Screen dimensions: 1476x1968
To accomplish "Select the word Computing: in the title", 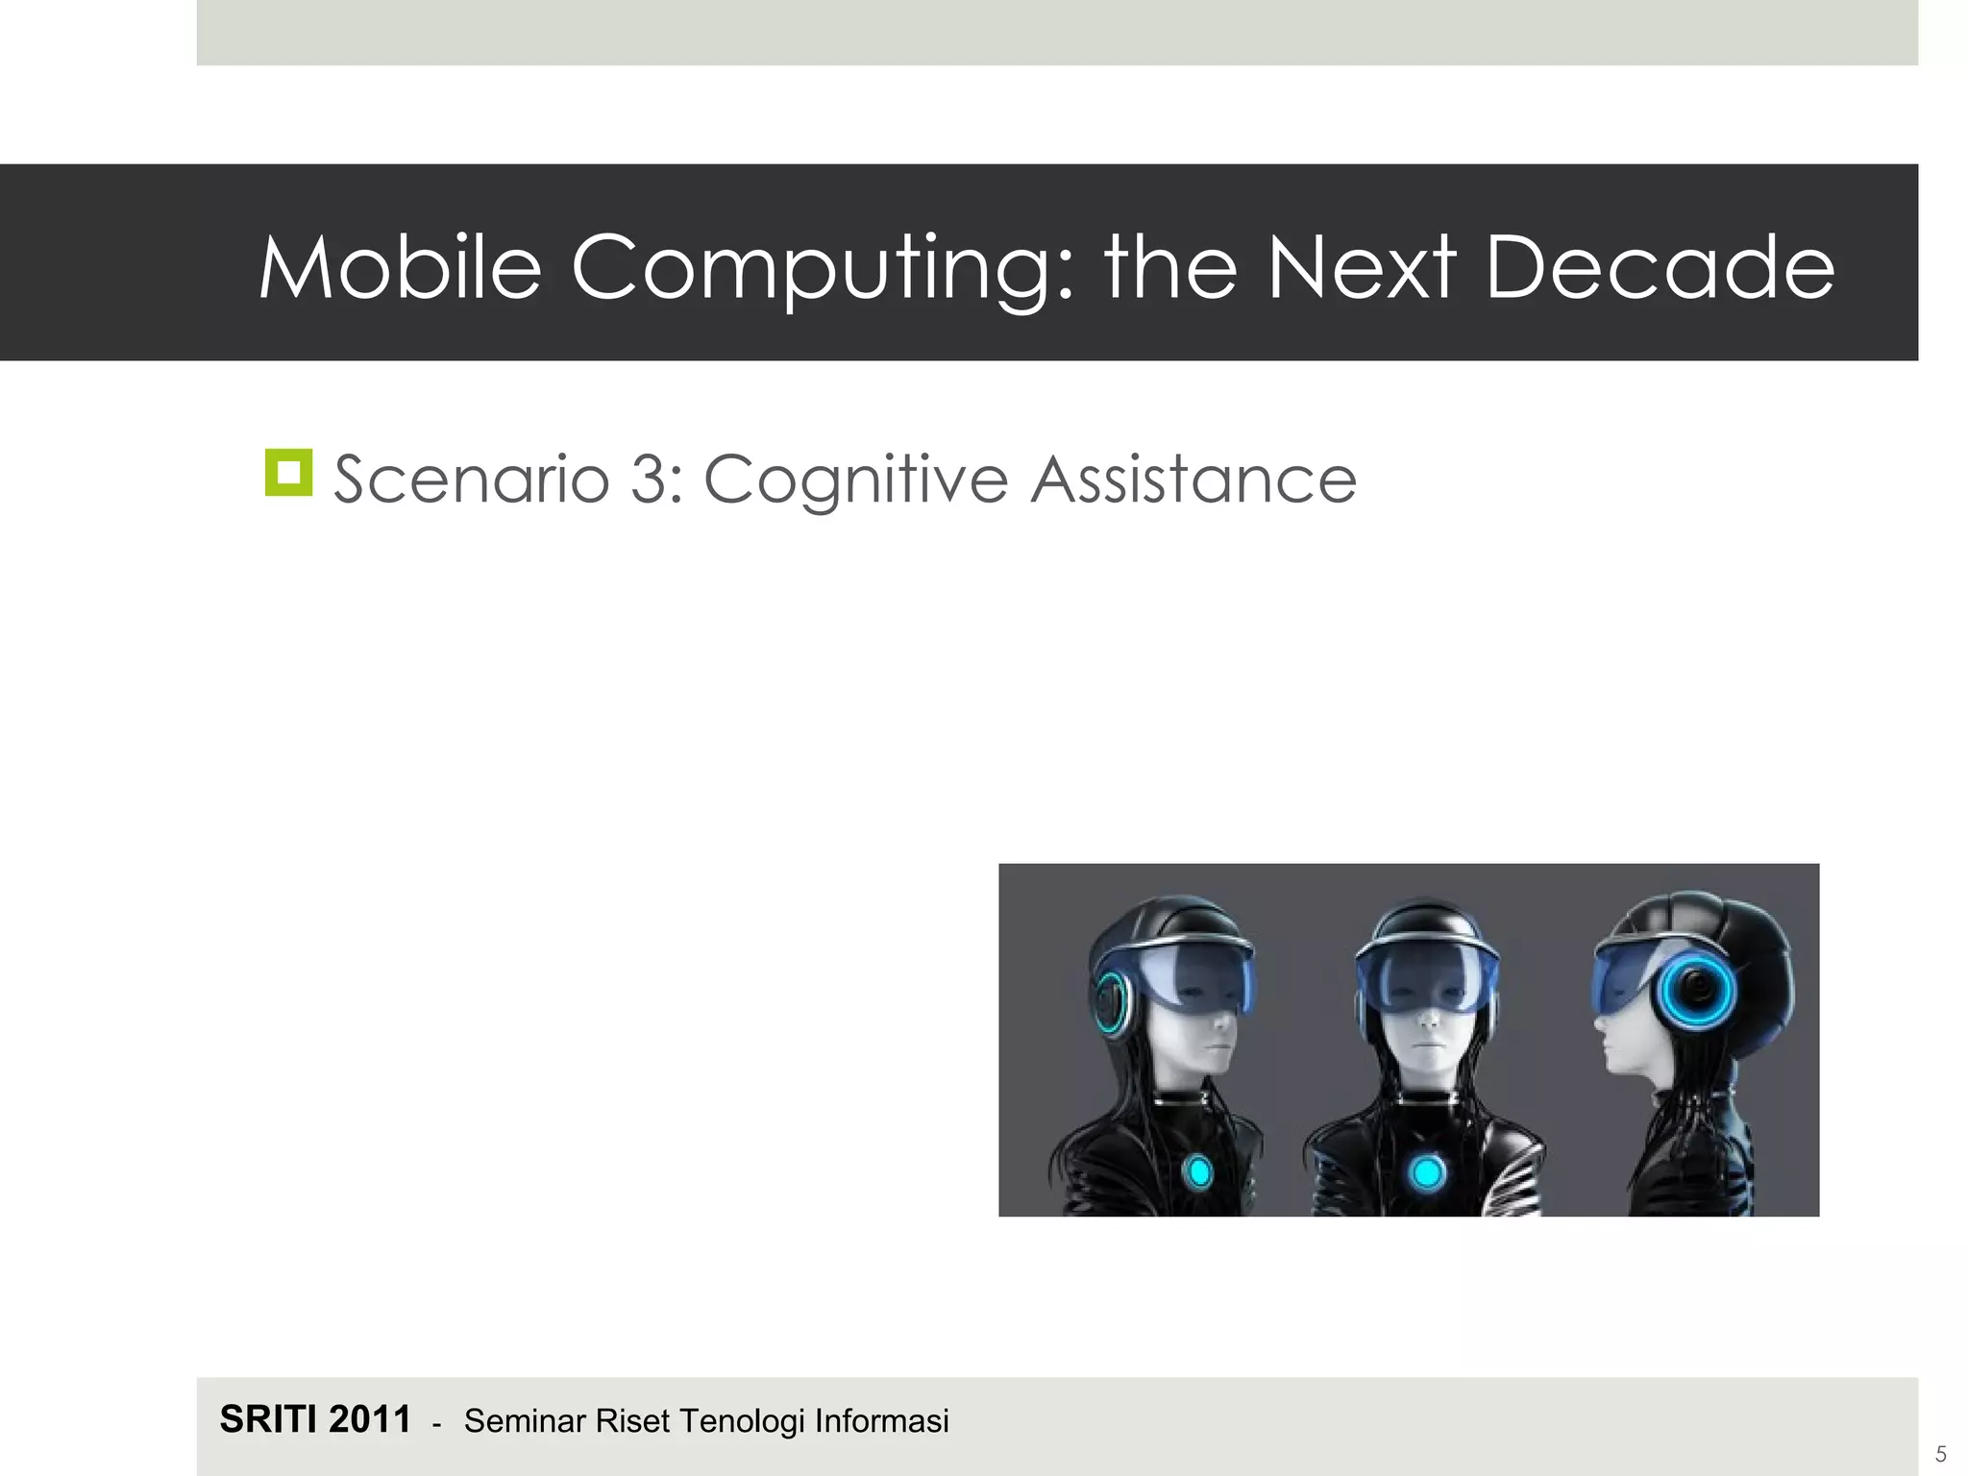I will point(823,270).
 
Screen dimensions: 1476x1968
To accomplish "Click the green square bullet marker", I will point(289,473).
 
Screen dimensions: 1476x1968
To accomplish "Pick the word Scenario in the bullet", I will point(472,479).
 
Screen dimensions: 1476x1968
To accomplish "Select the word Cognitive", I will point(856,480).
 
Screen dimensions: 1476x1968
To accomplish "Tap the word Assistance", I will point(1193,479).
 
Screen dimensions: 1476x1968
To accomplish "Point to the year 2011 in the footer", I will point(370,1419).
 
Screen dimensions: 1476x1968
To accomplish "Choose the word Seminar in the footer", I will point(525,1421).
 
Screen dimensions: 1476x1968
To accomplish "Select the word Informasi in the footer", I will point(882,1421).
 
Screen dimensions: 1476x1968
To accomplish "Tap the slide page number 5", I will point(1940,1454).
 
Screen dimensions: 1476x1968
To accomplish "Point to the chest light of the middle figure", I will point(1427,1172).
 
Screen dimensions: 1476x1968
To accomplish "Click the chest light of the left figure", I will point(1198,1171).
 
